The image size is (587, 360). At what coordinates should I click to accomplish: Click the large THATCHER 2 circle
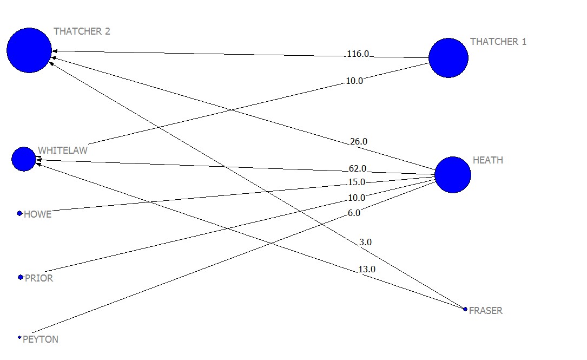(x=29, y=50)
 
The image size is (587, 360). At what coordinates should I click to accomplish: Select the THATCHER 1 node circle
(x=448, y=58)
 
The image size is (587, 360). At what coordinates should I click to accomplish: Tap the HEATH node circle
(x=452, y=175)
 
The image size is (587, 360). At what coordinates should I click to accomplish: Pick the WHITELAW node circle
(x=24, y=159)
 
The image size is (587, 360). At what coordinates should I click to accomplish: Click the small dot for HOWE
(x=19, y=214)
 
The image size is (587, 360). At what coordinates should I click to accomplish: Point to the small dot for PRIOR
(x=20, y=277)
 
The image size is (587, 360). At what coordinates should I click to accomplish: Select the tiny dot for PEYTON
(x=19, y=337)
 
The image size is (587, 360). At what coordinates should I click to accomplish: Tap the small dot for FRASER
(x=465, y=309)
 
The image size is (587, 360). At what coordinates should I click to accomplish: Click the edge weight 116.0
(x=358, y=54)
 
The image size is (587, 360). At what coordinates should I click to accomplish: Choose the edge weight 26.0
(x=358, y=142)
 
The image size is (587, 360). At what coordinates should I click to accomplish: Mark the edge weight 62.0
(x=357, y=169)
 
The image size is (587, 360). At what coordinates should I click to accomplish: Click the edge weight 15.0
(x=356, y=182)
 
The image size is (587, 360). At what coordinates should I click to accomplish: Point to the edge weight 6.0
(x=354, y=213)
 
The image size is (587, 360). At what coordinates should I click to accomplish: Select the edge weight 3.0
(x=365, y=243)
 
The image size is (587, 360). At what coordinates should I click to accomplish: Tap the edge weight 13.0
(x=366, y=270)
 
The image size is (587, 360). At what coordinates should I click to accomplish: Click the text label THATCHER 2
(x=82, y=31)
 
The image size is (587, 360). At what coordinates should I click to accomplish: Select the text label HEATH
(x=487, y=160)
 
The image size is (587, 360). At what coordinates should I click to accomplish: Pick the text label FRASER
(x=485, y=311)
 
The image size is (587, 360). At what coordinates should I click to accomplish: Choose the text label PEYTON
(x=41, y=340)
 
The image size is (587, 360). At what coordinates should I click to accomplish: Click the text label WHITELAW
(x=62, y=150)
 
